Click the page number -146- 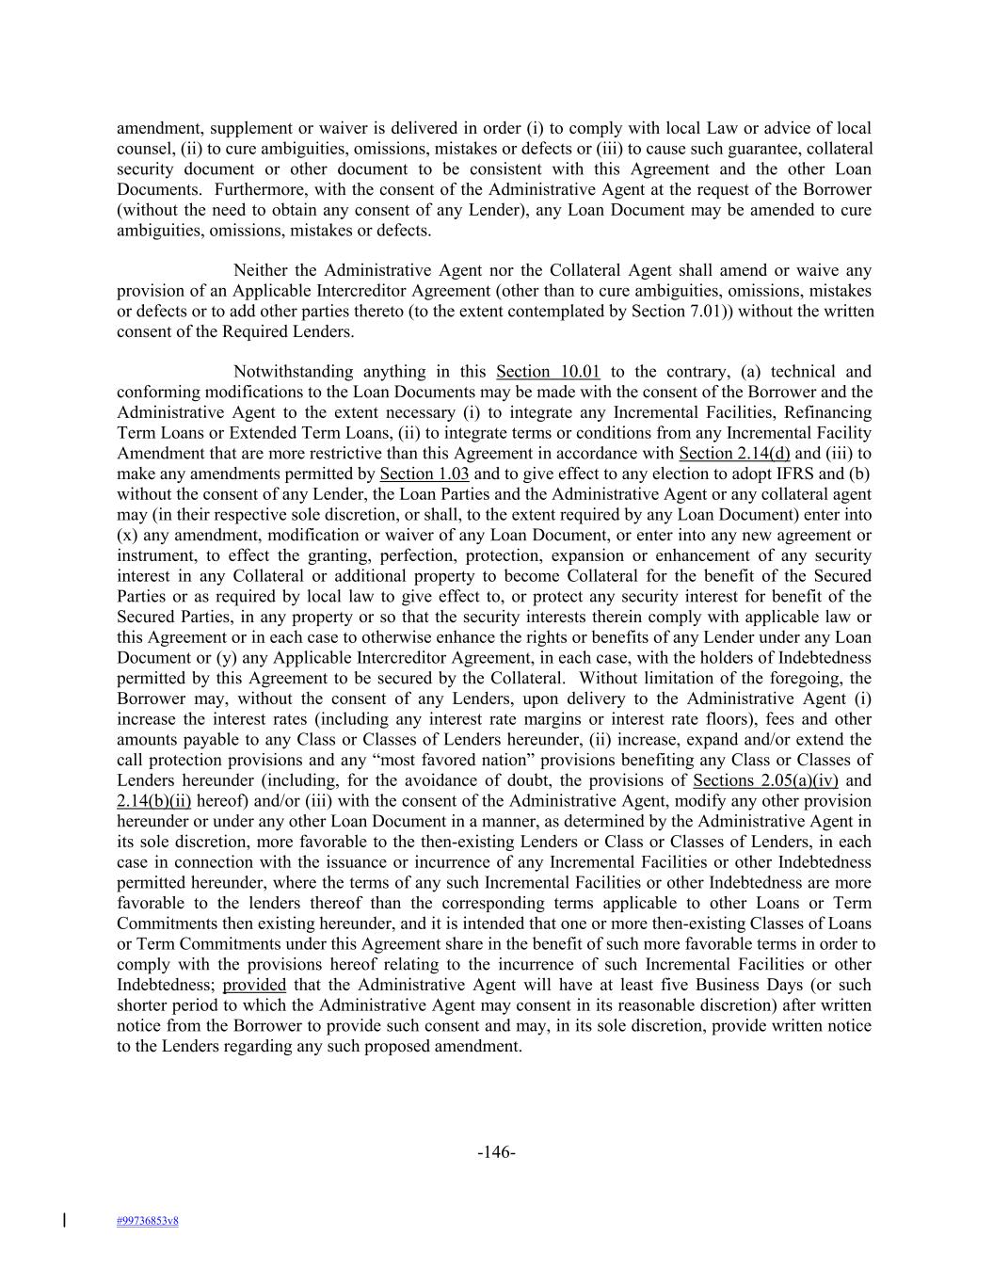click(x=496, y=1152)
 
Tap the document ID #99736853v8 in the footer click(x=148, y=1221)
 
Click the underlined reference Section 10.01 click(x=548, y=372)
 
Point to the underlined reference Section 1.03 click(x=424, y=474)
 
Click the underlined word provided click(x=254, y=985)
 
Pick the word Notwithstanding click(x=293, y=372)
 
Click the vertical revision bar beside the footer click(x=64, y=1220)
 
